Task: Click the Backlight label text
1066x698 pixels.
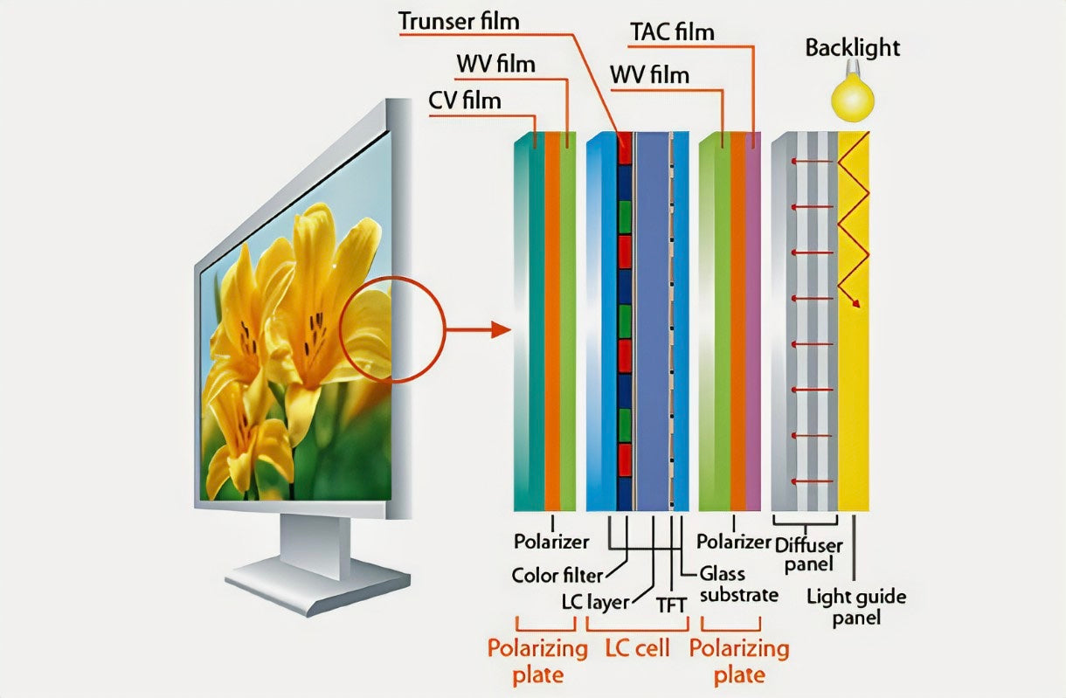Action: tap(852, 47)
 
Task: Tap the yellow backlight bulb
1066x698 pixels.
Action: tap(852, 97)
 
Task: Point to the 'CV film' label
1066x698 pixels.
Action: tap(464, 100)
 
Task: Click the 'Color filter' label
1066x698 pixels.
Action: tap(557, 575)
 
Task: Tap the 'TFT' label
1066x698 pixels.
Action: tap(673, 603)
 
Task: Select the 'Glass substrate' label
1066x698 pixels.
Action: tap(738, 584)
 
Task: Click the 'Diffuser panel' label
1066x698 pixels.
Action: tap(808, 553)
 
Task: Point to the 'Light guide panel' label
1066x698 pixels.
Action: tap(855, 607)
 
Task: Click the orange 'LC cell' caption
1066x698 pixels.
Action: tap(637, 649)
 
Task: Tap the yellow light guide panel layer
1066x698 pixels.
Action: tap(854, 393)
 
